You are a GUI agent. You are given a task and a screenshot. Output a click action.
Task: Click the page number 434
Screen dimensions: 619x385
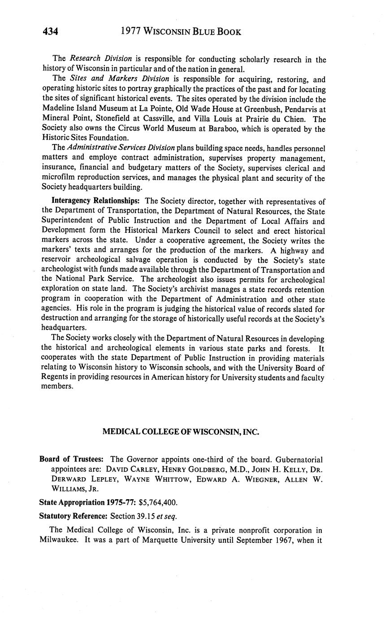[x=51, y=31]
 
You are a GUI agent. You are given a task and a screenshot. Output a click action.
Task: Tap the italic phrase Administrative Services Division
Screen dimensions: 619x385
[x=121, y=148]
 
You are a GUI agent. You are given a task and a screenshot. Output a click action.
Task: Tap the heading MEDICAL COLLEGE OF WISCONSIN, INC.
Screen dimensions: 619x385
[x=181, y=432]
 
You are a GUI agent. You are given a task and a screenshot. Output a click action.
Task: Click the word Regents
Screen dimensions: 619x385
[x=55, y=377]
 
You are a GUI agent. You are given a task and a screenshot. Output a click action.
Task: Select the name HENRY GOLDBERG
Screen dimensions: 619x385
[x=192, y=469]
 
